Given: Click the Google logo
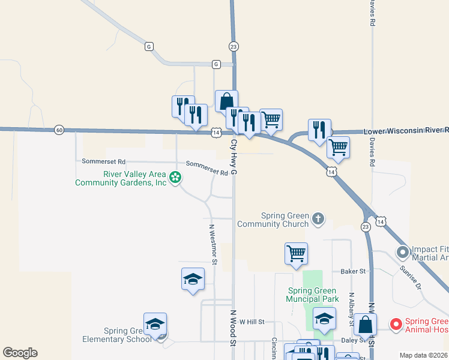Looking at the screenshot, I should point(20,353).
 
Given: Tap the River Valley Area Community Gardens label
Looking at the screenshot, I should point(120,179).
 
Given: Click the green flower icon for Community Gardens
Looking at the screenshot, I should point(175,178).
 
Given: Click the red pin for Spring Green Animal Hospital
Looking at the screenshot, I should point(396,325).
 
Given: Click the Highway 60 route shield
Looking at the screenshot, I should point(58,129).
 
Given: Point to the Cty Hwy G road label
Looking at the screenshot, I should point(234,158).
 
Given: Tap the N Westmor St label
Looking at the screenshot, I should point(212,244).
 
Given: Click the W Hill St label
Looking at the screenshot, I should point(252,322).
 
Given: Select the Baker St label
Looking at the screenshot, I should point(353,272).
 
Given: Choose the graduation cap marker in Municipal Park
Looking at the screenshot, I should point(324,320).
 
